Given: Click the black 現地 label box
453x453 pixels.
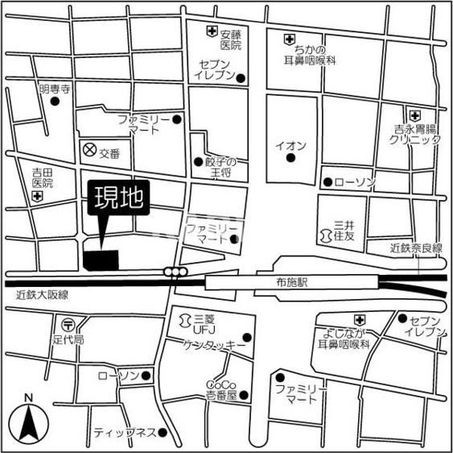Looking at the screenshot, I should coord(117,199).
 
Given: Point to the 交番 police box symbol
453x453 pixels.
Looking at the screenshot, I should coord(89,150).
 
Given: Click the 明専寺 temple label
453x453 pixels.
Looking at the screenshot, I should coord(55,89).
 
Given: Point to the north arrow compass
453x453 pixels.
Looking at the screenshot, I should coord(28,420).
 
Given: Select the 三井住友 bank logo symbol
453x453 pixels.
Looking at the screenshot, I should coord(326,235).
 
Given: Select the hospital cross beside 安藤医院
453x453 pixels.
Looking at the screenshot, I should coord(211,32).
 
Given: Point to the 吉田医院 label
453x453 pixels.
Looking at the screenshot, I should coord(43,177).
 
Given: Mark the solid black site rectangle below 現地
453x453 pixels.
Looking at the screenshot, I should coord(101,260).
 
